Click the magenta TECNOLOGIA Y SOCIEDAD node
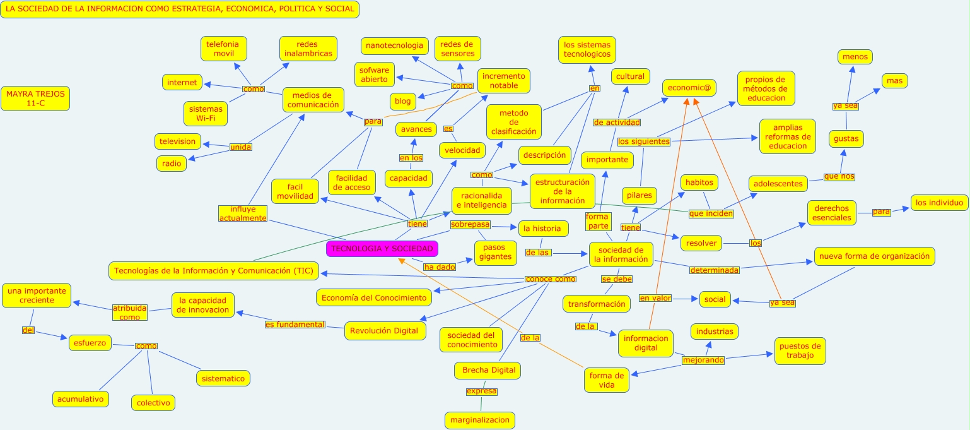coord(382,249)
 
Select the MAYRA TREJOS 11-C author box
coord(35,99)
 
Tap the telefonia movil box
coord(224,49)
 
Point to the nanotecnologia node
coord(395,46)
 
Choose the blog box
coord(402,101)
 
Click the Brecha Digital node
coord(488,370)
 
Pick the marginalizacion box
coord(480,420)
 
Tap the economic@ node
coord(689,88)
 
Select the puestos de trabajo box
coord(800,350)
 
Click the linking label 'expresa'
coord(482,391)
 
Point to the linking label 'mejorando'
coord(703,361)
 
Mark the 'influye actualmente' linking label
coord(243,213)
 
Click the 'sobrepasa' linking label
coord(470,224)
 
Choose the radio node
coord(172,164)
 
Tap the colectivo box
coord(153,402)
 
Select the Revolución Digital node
coord(384,331)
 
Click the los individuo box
coord(939,203)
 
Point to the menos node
coord(855,57)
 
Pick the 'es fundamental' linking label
coord(295,325)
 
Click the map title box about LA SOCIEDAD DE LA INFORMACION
coord(180,9)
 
